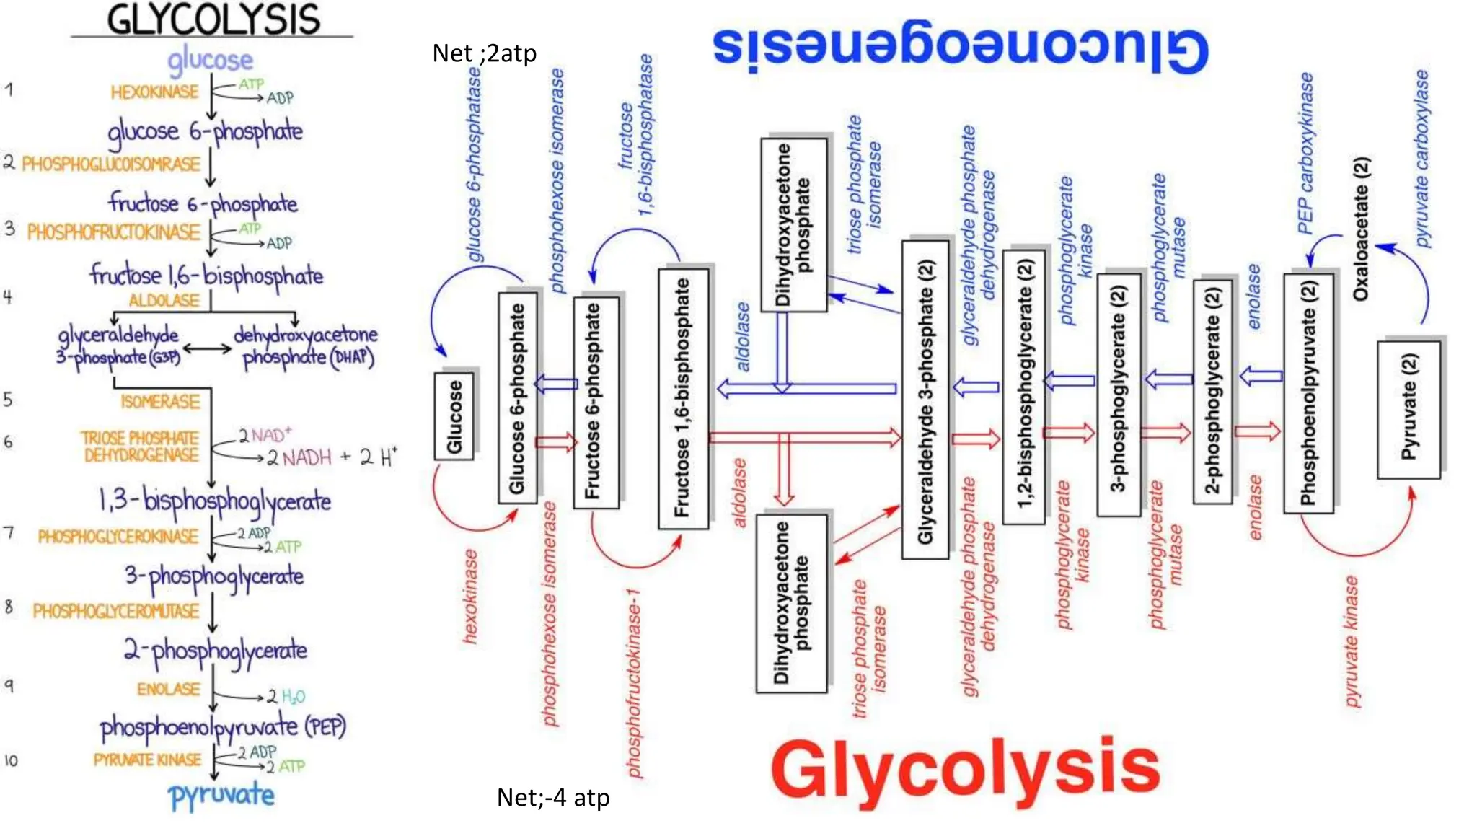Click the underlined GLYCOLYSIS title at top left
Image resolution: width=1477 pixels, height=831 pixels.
213,20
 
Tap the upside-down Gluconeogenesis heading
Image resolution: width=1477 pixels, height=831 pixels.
960,49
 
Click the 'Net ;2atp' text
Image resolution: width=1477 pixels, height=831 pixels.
484,53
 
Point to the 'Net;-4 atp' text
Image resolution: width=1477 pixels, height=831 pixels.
553,797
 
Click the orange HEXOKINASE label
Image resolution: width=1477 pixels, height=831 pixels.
154,92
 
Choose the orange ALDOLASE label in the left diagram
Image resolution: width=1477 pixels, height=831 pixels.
164,300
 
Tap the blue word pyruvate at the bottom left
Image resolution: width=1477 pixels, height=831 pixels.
221,796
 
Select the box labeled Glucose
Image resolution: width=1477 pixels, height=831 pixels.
454,416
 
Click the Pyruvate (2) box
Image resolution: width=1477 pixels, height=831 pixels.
1408,409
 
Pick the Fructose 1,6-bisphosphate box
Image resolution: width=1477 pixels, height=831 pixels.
682,399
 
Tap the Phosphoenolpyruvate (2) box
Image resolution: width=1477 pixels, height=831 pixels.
1308,393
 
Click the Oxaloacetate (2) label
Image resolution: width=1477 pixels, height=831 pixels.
1360,229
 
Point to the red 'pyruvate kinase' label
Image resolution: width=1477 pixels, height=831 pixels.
1352,641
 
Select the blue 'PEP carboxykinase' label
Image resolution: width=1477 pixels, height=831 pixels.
1305,154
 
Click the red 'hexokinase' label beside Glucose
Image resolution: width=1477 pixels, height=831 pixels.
470,596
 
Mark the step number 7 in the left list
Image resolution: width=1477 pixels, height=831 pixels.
9,533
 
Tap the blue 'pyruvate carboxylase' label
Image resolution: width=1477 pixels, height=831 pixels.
1421,159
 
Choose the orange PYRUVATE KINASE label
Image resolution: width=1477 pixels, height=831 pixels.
148,760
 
